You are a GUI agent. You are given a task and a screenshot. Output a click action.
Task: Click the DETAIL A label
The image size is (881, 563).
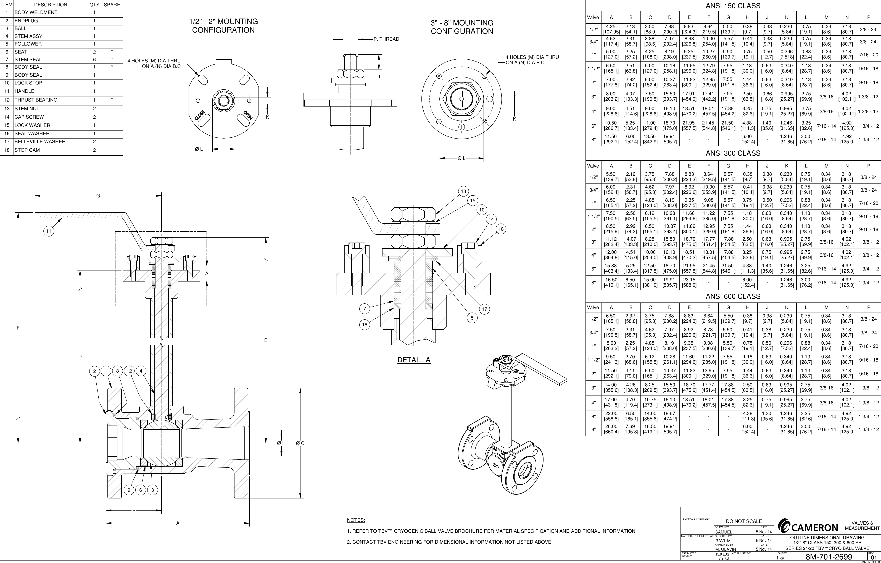tap(414, 360)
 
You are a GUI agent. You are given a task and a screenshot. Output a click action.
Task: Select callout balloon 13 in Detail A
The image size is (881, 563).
tap(464, 191)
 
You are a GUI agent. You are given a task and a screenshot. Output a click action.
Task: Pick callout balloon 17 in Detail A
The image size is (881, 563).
tap(484, 309)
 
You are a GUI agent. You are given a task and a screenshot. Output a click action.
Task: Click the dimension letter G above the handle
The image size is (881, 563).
tap(98, 196)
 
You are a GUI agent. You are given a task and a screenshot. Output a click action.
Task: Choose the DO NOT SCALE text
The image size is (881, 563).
tap(744, 521)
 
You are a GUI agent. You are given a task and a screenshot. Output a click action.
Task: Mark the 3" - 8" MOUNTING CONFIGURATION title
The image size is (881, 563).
tap(462, 27)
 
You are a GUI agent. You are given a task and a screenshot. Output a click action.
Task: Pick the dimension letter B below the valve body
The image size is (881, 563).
tap(134, 510)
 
